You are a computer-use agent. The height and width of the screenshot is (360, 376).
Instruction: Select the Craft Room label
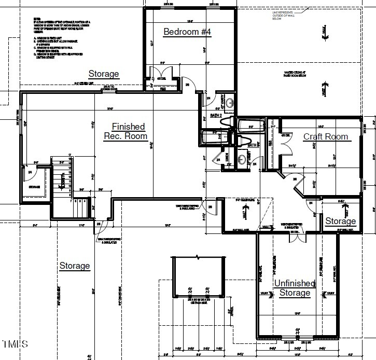click(325, 136)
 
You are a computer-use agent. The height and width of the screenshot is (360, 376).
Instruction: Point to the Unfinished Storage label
click(295, 288)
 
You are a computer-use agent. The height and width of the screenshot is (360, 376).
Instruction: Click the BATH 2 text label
click(216, 115)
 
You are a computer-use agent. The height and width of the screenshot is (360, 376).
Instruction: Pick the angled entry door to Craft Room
click(287, 179)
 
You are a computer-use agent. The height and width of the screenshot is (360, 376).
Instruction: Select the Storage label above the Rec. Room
click(104, 74)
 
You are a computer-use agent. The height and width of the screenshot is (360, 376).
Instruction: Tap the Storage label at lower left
click(74, 266)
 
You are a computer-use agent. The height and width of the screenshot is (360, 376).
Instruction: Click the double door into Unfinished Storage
click(297, 236)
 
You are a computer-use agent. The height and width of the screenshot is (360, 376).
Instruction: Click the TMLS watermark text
click(16, 344)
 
